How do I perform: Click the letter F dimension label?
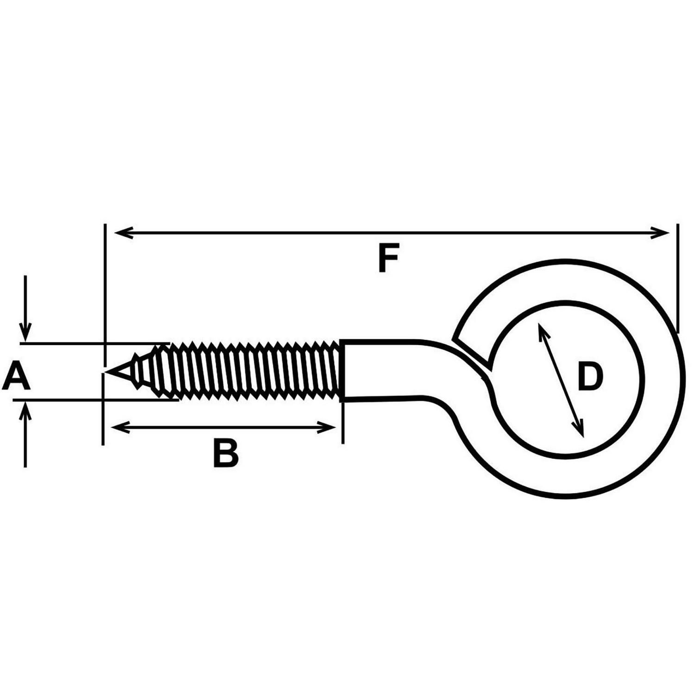[388, 259]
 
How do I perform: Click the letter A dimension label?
[16, 377]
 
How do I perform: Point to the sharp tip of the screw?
[106, 372]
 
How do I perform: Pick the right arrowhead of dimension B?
[326, 427]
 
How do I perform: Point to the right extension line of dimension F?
[678, 278]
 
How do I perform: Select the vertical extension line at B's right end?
[343, 422]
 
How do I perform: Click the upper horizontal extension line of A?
[95, 343]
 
